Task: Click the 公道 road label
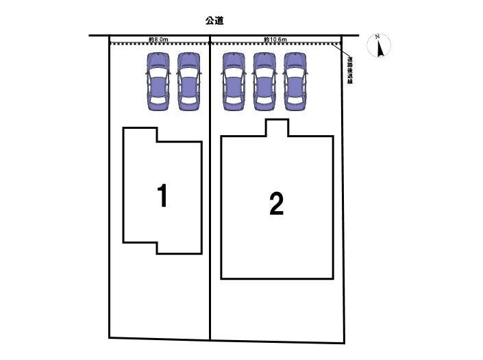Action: click(x=214, y=21)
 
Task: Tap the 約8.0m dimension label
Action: click(x=158, y=40)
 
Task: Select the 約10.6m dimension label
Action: click(x=275, y=40)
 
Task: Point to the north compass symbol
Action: click(x=379, y=45)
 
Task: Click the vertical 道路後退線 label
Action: click(x=350, y=70)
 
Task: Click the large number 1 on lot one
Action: click(x=162, y=195)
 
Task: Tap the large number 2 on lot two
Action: click(x=276, y=204)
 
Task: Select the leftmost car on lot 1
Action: click(x=158, y=82)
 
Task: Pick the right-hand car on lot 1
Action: click(x=188, y=82)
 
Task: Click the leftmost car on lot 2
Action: click(x=234, y=82)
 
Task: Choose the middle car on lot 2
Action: click(x=264, y=82)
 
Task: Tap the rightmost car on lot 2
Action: click(x=295, y=82)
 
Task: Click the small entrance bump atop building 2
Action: click(x=277, y=128)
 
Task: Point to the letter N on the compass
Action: click(x=377, y=37)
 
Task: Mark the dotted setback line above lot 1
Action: click(x=160, y=44)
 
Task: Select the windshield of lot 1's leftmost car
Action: click(x=158, y=73)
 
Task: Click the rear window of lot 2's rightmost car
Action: click(x=295, y=101)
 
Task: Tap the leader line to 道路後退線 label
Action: click(x=341, y=51)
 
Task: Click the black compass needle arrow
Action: click(x=381, y=49)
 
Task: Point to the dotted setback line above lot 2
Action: click(x=275, y=44)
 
